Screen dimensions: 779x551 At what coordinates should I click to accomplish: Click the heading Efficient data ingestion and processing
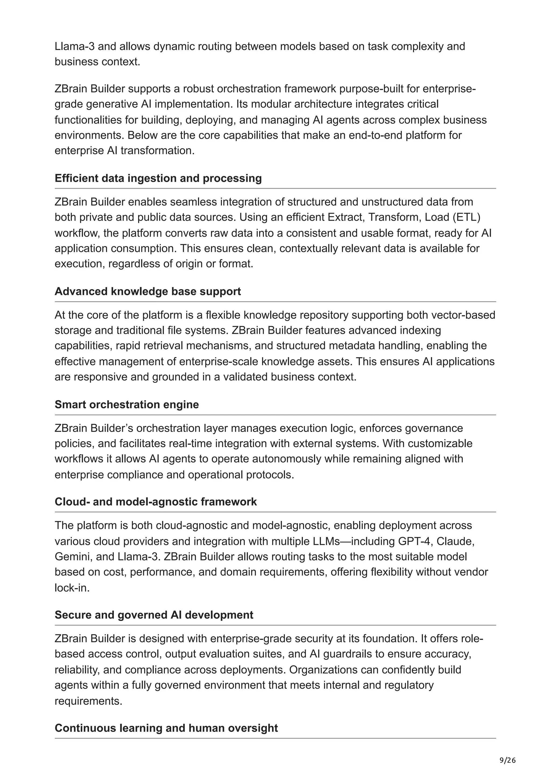pyautogui.click(x=158, y=178)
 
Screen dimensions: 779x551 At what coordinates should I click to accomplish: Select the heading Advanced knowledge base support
pyautogui.click(x=148, y=291)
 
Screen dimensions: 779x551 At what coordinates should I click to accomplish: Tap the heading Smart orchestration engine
pyautogui.click(x=127, y=405)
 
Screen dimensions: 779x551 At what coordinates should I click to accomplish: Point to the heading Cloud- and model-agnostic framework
pyautogui.click(x=156, y=502)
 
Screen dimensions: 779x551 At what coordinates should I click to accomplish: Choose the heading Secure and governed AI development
pyautogui.click(x=154, y=615)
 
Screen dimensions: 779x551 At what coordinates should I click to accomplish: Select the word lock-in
pyautogui.click(x=72, y=588)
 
